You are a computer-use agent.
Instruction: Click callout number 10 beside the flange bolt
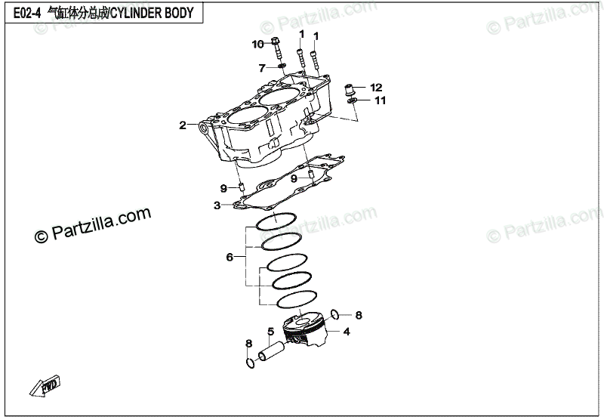(x=258, y=44)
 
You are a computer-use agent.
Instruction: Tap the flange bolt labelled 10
(x=276, y=48)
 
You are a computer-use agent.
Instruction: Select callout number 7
(x=262, y=68)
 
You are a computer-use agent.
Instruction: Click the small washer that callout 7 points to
(x=281, y=66)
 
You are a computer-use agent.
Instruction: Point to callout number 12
(x=376, y=88)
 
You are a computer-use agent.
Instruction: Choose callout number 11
(x=380, y=100)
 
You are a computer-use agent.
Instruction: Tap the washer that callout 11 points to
(x=353, y=100)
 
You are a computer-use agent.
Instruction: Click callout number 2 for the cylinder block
(x=182, y=125)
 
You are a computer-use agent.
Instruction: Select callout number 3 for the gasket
(x=217, y=205)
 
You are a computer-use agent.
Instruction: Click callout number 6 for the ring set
(x=230, y=258)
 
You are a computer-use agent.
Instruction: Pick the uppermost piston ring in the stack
(x=276, y=222)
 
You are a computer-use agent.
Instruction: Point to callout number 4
(x=347, y=331)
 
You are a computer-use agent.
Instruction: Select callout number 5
(x=270, y=331)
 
